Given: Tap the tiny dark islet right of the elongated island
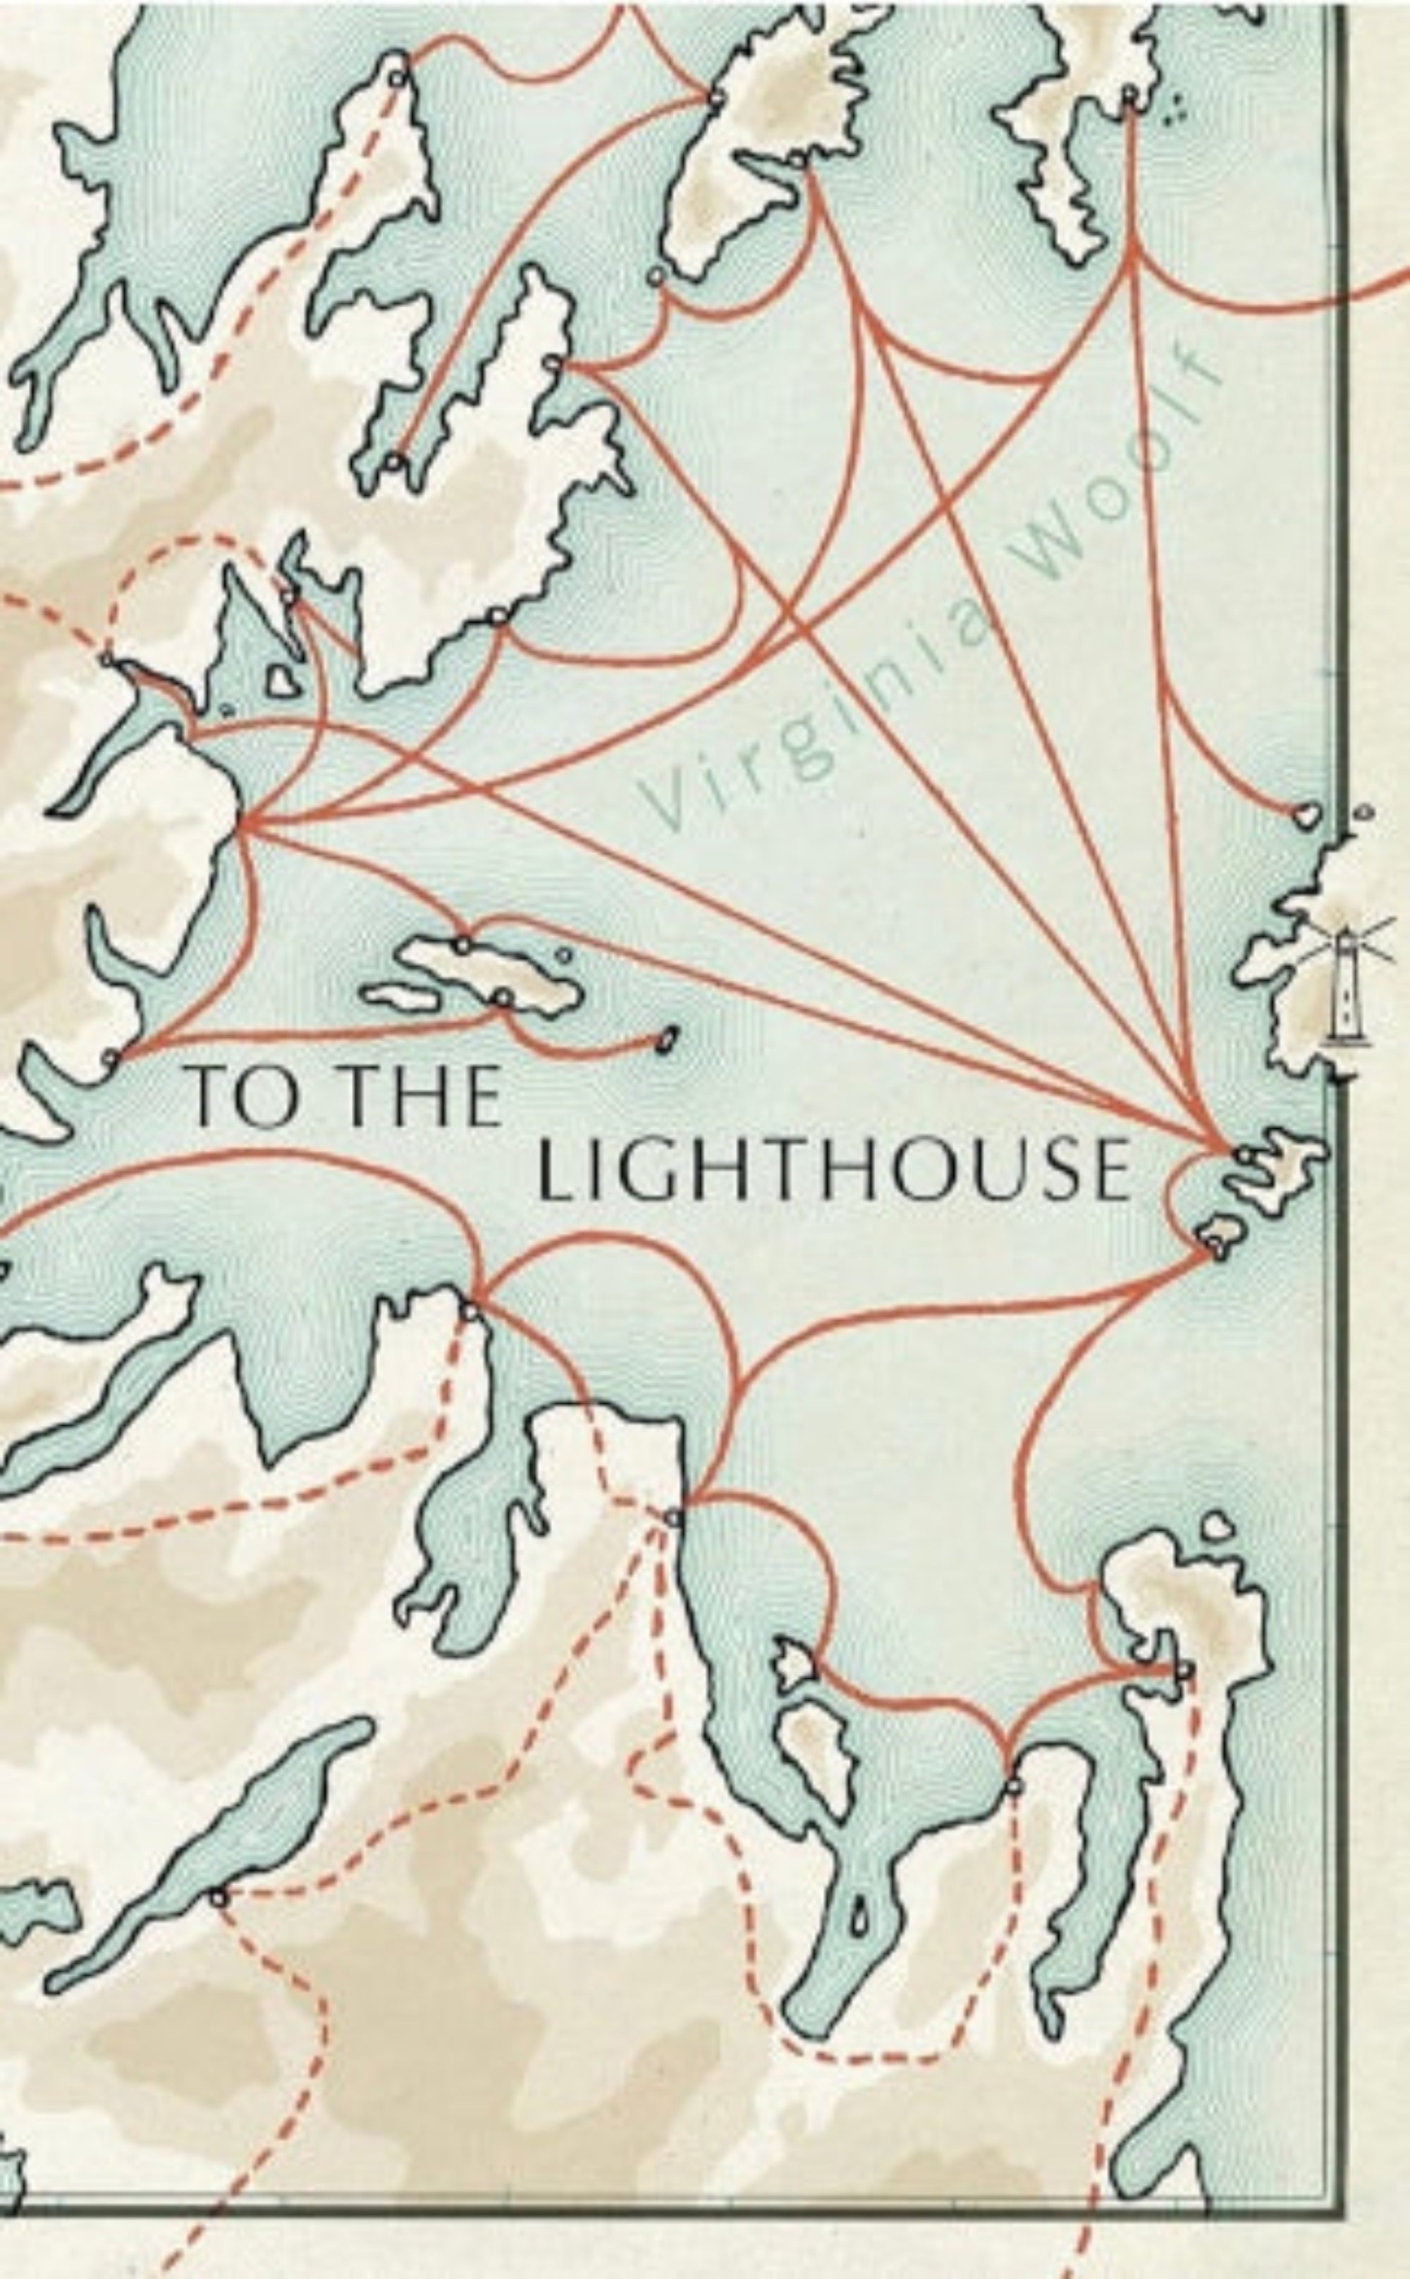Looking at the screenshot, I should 666,1040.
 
